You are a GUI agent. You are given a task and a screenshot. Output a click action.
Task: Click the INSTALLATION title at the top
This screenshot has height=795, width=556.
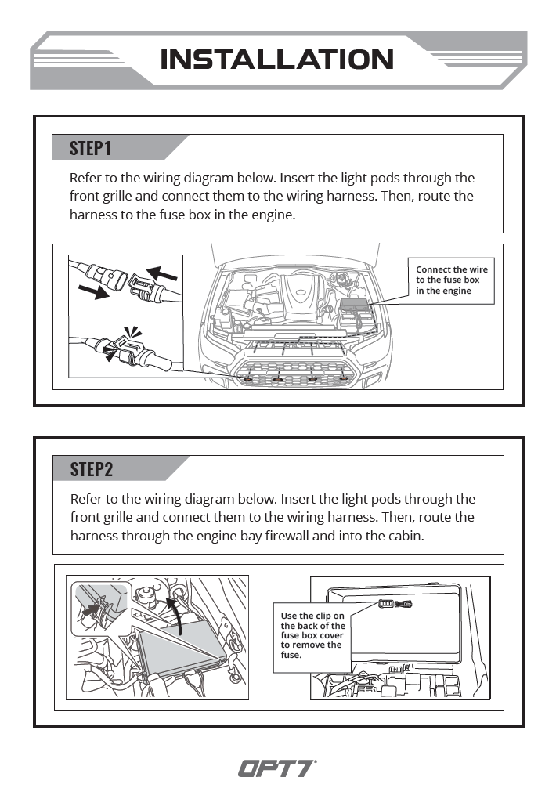276,60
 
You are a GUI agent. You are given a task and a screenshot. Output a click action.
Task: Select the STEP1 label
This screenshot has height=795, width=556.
91,148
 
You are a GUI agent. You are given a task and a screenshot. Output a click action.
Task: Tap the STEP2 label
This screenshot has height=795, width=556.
92,469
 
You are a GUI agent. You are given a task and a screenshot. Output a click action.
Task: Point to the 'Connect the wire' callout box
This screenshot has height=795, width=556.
452,280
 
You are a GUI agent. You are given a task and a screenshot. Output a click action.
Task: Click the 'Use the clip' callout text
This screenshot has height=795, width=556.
312,635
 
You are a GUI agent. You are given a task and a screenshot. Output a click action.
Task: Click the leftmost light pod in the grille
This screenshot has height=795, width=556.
248,378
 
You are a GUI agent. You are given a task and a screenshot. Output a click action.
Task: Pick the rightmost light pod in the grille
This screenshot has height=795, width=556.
342,378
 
